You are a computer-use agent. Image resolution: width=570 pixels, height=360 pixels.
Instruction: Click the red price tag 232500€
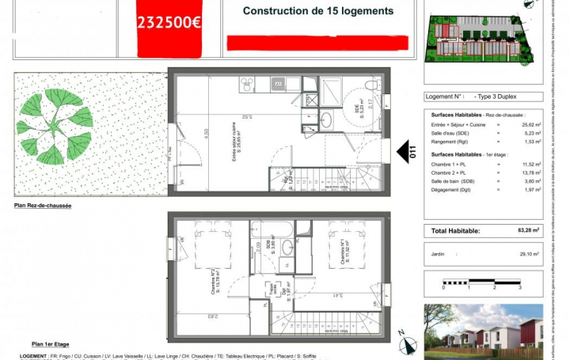point(169,21)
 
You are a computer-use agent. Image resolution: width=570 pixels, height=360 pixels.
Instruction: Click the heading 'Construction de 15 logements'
point(317,11)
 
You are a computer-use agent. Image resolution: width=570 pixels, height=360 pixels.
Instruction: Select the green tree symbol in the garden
point(55,126)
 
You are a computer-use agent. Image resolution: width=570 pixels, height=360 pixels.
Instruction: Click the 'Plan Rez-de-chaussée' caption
point(43,205)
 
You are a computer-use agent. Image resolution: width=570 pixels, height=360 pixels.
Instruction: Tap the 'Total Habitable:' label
point(455,231)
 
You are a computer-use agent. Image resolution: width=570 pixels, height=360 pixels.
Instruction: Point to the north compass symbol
point(408,343)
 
